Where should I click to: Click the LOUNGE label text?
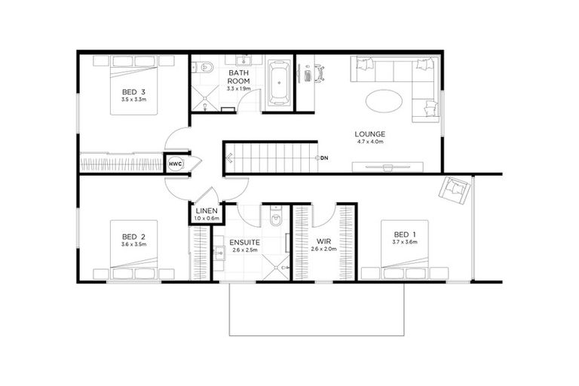coord(369,135)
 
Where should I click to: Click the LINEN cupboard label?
coord(207,211)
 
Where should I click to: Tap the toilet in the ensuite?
coord(275,220)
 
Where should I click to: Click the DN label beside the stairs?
coord(325,158)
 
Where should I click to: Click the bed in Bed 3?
coord(134,84)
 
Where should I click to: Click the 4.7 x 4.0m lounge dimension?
coord(369,142)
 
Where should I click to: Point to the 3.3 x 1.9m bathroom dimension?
coord(238,88)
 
